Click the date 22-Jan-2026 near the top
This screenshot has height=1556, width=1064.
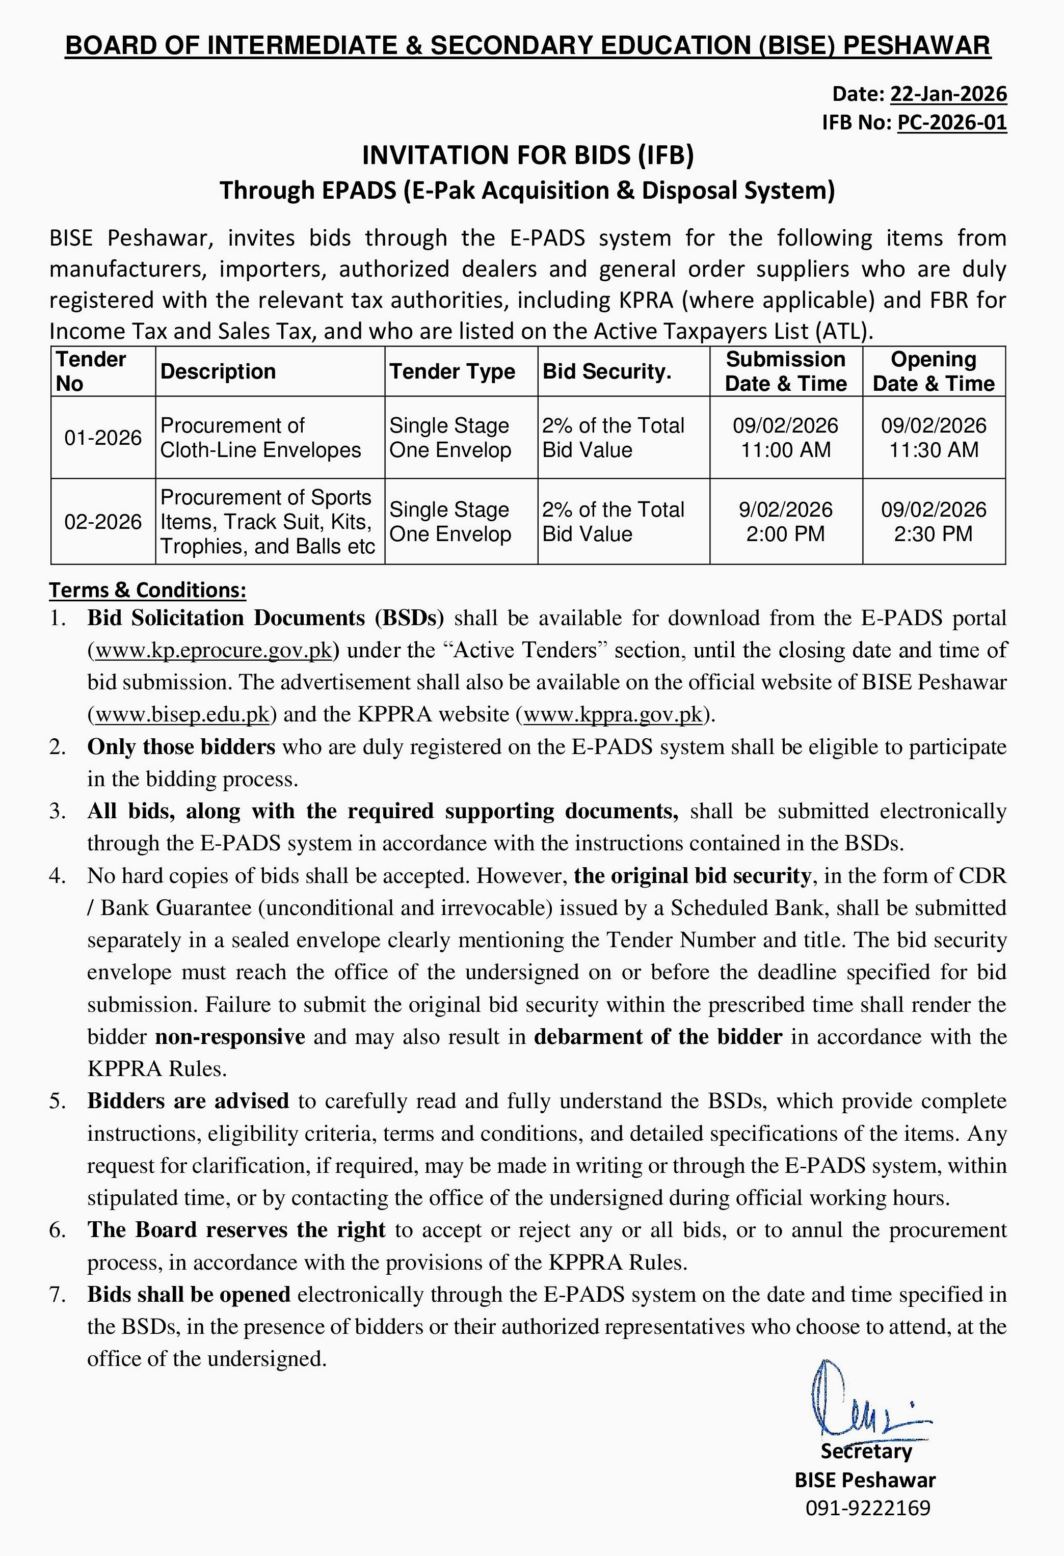947,94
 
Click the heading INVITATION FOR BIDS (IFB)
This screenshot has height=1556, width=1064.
527,155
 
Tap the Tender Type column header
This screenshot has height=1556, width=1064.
452,371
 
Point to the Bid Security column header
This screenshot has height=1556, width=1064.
607,371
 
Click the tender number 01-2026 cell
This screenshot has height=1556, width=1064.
103,438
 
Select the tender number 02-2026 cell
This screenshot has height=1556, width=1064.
103,522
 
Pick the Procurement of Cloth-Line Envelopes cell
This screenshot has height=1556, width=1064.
260,438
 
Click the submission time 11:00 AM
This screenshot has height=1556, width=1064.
785,450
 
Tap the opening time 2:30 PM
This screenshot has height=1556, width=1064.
934,533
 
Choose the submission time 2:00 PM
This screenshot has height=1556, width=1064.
785,533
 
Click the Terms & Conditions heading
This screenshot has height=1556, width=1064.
148,590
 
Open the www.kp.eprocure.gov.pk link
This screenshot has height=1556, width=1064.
214,650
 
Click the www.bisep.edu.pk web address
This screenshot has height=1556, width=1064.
182,714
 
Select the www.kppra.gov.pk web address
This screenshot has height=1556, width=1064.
613,714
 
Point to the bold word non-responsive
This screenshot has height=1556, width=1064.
230,1036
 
